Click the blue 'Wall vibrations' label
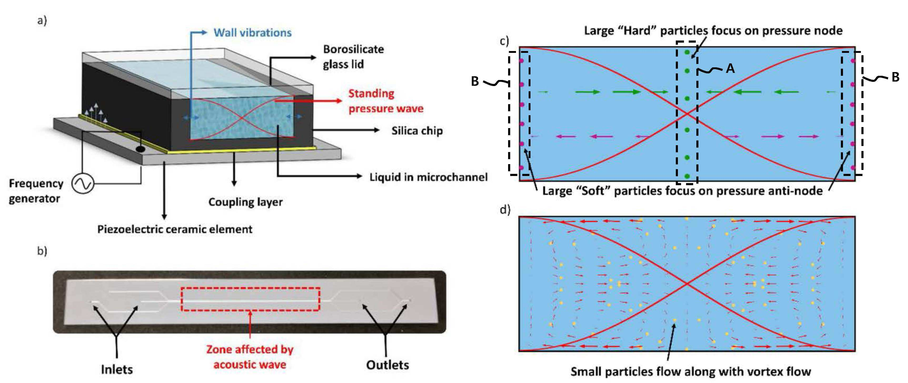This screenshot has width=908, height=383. click(252, 33)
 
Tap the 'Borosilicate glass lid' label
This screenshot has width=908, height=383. click(353, 57)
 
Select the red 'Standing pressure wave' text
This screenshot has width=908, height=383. click(386, 101)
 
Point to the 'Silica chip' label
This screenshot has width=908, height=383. click(417, 131)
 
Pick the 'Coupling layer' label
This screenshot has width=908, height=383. click(245, 202)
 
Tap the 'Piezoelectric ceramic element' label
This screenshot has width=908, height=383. click(175, 229)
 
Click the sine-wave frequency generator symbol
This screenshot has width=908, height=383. click(83, 184)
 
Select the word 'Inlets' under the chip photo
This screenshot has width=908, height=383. click(117, 369)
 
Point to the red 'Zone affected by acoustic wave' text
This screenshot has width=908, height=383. click(250, 357)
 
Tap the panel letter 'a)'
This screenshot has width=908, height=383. click(42, 21)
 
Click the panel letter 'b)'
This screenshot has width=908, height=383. click(42, 251)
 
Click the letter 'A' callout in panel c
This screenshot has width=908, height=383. click(730, 68)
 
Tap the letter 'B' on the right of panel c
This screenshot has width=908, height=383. click(895, 77)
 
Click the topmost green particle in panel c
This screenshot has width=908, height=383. click(687, 52)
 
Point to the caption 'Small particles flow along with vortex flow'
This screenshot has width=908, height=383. click(691, 371)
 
